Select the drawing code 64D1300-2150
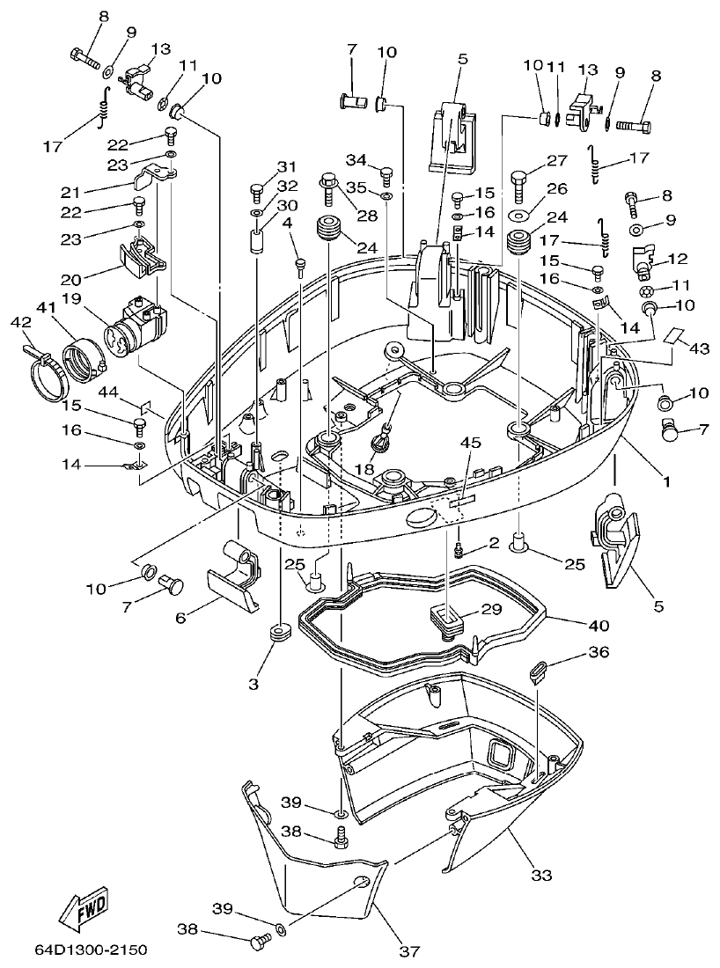tap(92, 950)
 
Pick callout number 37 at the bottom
tap(409, 950)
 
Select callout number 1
tap(666, 481)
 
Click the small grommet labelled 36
tap(538, 673)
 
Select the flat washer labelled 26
tap(518, 215)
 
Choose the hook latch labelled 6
tap(231, 585)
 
